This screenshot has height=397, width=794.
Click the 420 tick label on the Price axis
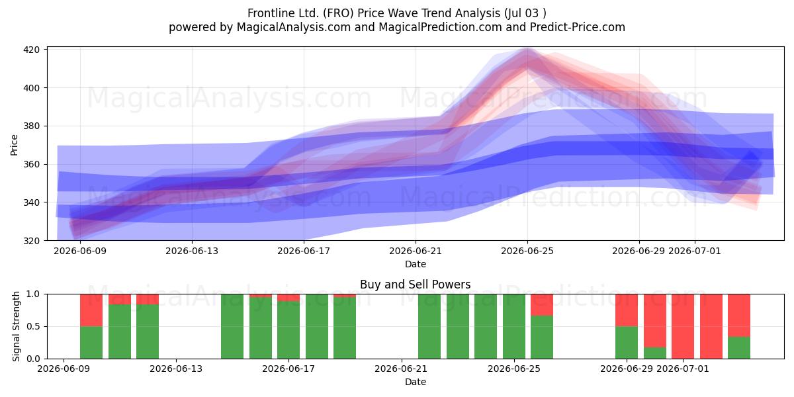31,50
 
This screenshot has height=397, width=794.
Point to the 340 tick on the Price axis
31,202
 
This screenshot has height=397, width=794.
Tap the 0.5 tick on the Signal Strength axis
33,326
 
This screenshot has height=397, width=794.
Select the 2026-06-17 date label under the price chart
304,251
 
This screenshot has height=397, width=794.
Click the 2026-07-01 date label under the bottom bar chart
683,369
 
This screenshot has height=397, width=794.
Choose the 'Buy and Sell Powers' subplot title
415,285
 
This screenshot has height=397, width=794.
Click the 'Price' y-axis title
14,145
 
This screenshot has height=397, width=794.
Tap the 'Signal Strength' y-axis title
16,326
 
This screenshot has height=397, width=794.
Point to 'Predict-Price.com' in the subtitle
578,27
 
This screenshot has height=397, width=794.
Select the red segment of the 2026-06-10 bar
91,310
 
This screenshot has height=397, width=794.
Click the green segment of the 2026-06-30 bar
654,353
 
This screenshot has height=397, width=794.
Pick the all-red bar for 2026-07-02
711,326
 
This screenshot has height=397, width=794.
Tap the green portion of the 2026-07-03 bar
739,348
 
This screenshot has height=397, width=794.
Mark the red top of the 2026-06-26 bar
542,305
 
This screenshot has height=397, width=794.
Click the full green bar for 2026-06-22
429,326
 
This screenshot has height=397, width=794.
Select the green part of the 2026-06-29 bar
627,343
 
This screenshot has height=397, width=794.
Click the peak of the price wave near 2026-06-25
527,50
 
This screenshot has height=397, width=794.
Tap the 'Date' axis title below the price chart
416,264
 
